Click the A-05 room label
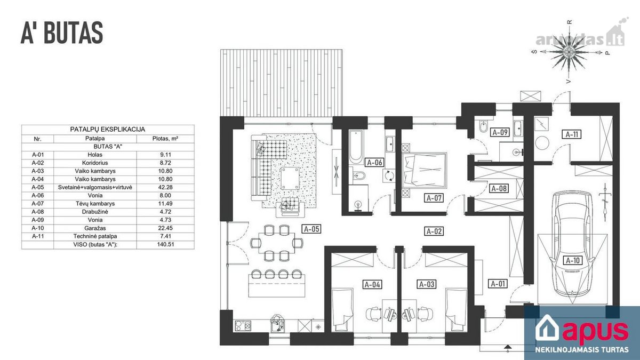point(311,229)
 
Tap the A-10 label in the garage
point(573,260)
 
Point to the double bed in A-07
point(424,170)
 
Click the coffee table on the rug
point(290,179)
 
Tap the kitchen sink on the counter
point(277,324)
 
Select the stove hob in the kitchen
point(243,326)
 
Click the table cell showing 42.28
point(165,187)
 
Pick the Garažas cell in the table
point(95,228)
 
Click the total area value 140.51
point(165,245)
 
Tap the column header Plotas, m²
point(165,139)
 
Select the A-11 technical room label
point(572,134)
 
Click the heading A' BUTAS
point(62,33)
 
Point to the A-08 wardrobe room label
point(499,189)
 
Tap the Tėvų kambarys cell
point(95,204)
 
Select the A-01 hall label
point(498,284)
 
